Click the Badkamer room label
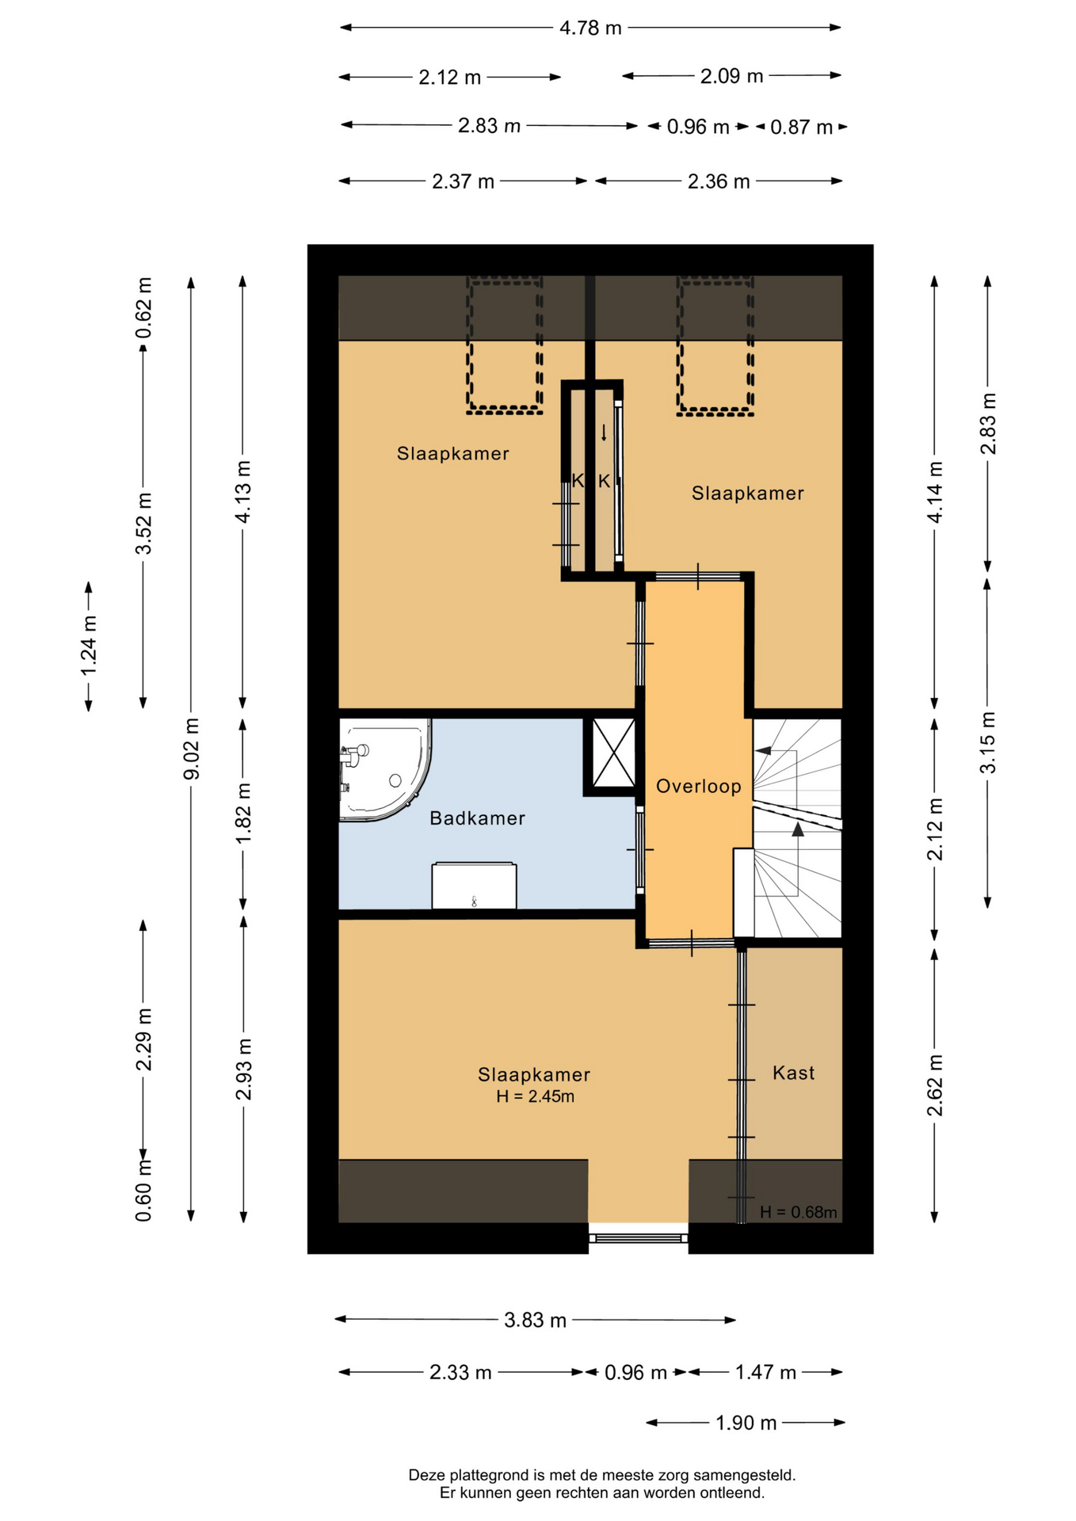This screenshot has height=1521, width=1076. click(x=477, y=818)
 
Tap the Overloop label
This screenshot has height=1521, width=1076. click(x=698, y=787)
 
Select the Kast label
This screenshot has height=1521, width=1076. click(x=793, y=1073)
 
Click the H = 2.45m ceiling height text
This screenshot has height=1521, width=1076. click(x=535, y=1097)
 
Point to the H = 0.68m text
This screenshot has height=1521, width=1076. click(x=798, y=1212)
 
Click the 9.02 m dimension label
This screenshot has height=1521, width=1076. click(x=191, y=749)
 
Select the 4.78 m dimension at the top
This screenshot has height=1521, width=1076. click(x=590, y=29)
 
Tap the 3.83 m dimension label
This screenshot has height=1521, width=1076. click(x=535, y=1321)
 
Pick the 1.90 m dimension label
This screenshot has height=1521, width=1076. click(x=746, y=1424)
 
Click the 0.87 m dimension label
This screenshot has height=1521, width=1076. click(x=801, y=128)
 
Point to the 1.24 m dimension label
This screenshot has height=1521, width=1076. click(x=89, y=646)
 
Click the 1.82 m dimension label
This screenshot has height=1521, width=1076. click(x=243, y=814)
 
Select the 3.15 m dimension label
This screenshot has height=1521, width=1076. click(x=987, y=742)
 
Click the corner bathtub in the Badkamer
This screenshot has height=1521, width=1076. click(x=385, y=769)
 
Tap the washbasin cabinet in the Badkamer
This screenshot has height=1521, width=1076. click(x=474, y=886)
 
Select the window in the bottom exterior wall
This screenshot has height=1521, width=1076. click(x=638, y=1237)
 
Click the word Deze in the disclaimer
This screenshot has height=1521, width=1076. click(x=426, y=1475)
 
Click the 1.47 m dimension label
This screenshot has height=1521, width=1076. click(x=765, y=1372)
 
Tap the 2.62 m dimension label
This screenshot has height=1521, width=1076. click(x=935, y=1085)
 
